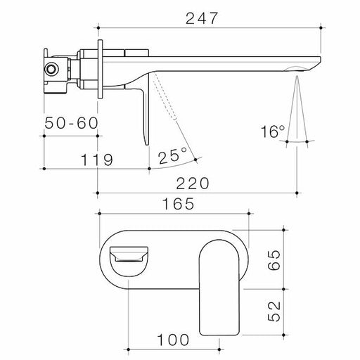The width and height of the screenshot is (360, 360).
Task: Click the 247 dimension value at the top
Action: pos(208,17)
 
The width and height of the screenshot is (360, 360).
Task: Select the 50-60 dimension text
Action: pos(70,123)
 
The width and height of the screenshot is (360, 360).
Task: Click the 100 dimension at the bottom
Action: pos(173,339)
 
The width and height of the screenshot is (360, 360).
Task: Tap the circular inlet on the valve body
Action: pos(51,69)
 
